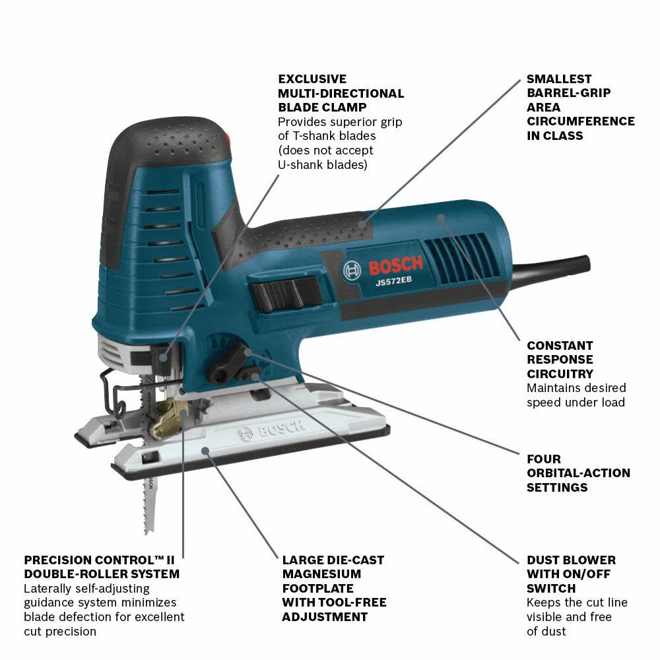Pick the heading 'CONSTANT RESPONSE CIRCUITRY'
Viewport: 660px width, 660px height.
pos(560,360)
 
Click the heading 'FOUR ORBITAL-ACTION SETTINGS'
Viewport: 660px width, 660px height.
pos(578,473)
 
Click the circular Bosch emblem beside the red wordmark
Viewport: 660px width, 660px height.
pos(352,270)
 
